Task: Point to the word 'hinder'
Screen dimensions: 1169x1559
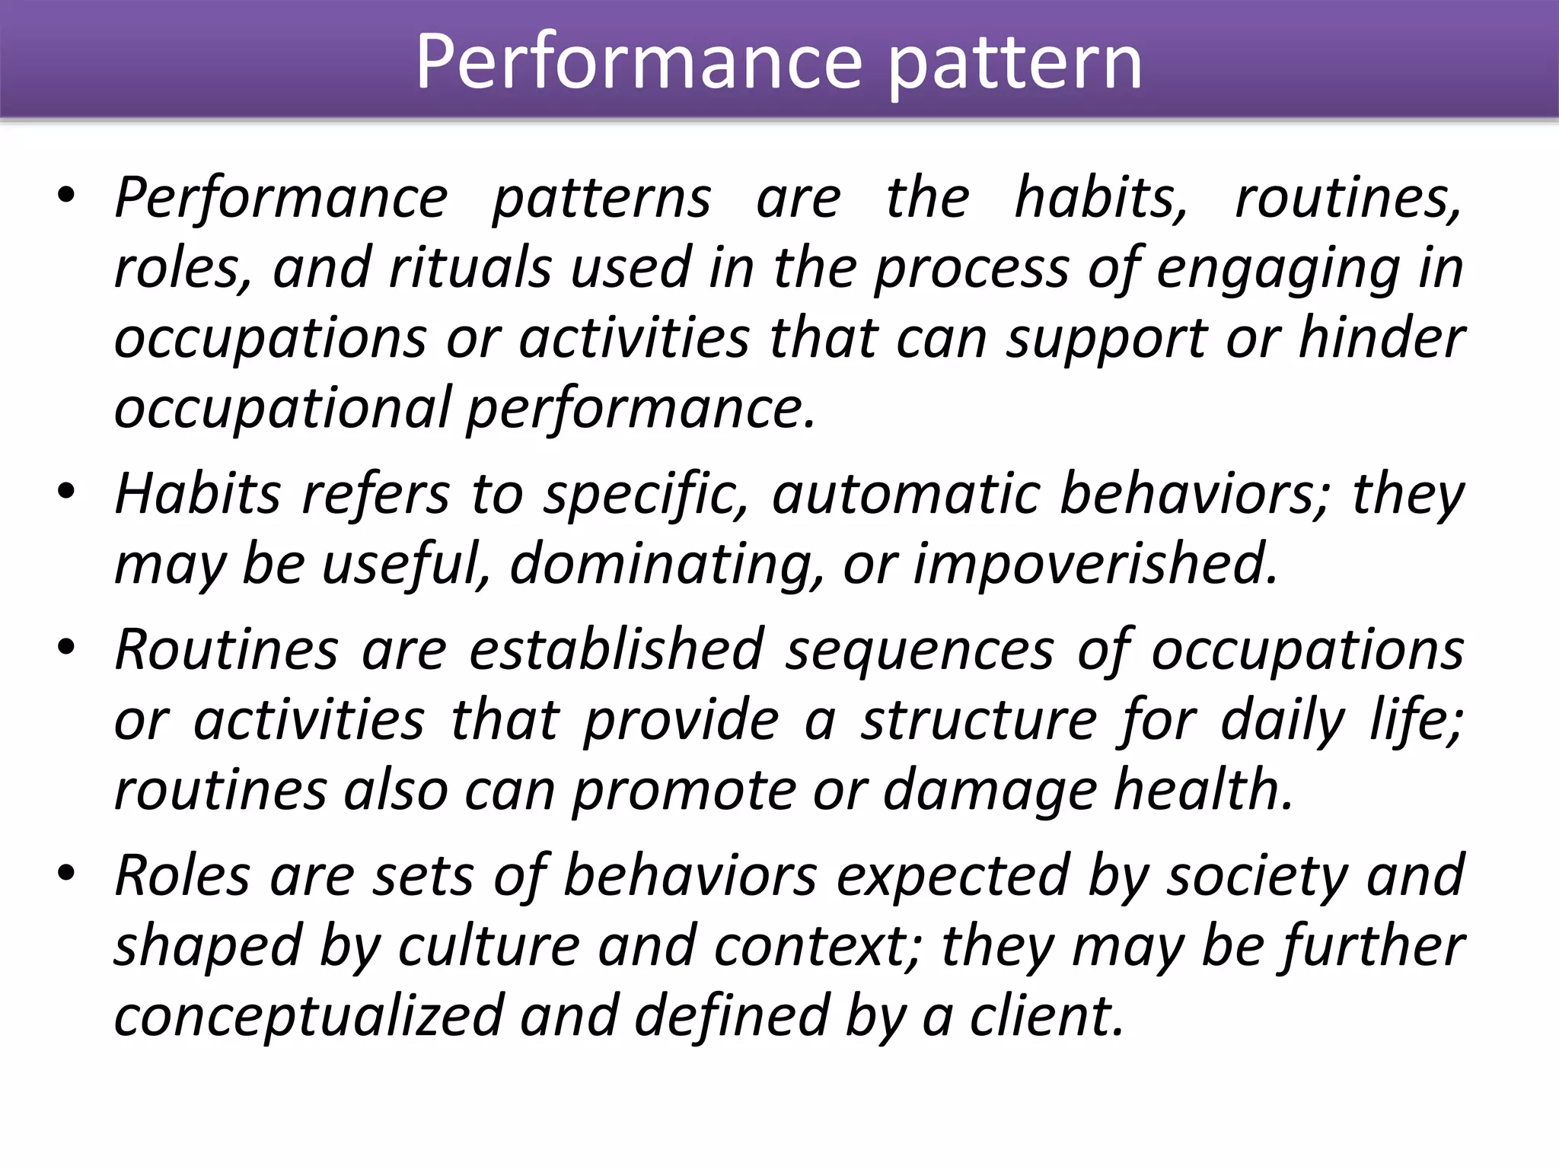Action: coord(1382,338)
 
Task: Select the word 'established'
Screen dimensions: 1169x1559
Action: coord(616,650)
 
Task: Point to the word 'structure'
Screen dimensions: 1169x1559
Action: coord(979,720)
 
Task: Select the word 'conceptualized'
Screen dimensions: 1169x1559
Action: coord(308,1017)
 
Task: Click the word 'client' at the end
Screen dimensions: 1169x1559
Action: coord(1047,1017)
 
